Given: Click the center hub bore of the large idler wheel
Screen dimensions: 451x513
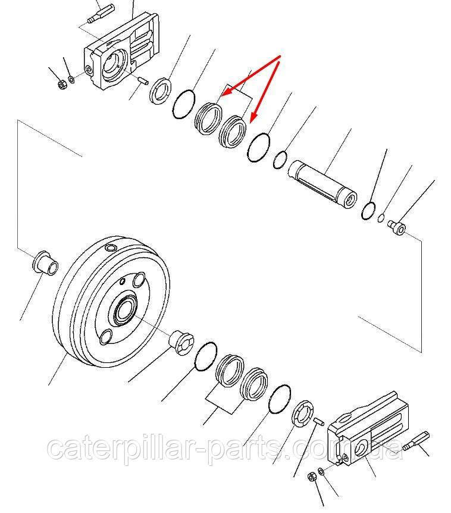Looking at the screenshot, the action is coord(124,310).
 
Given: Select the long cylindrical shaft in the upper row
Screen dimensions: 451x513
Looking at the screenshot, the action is coord(322,183).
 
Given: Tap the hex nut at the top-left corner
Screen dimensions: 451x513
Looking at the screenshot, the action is coord(61,85).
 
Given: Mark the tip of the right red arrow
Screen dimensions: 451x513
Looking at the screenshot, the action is coord(250,123).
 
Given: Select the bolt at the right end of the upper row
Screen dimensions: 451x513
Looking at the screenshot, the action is coord(396,227).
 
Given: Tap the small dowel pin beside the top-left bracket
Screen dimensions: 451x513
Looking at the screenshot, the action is coord(143,80).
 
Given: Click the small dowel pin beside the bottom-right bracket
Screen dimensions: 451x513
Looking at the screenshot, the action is coord(319,421).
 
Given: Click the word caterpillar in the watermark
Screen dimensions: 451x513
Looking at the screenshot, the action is coord(121,448).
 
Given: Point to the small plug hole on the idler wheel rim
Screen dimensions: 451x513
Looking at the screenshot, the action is coord(110,248).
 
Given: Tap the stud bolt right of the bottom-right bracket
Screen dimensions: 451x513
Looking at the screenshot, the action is coord(416,441).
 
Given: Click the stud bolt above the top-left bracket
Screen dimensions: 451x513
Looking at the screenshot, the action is coord(101,14).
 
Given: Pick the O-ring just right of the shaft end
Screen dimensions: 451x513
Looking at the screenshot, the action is coord(368,211).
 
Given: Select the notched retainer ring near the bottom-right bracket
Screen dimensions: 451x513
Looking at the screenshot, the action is coord(302,413).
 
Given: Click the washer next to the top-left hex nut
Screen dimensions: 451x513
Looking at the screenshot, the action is coord(71,79).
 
